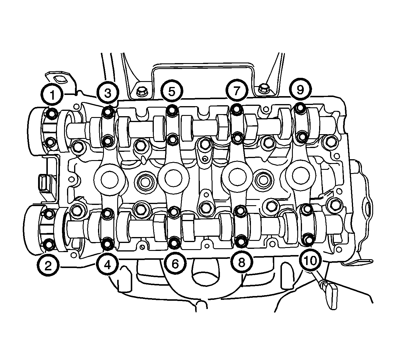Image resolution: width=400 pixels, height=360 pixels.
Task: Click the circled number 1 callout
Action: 52,95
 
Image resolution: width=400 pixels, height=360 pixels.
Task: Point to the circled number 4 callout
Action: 107,265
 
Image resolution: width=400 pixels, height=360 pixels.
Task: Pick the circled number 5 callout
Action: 172,91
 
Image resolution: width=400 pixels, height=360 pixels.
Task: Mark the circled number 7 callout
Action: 236,91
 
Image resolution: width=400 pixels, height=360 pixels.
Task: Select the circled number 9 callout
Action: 300,89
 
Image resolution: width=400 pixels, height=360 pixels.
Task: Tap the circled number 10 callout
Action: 310,260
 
